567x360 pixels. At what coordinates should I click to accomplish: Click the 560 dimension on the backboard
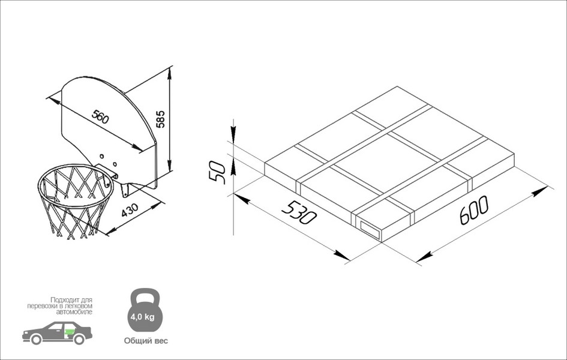tap(100, 116)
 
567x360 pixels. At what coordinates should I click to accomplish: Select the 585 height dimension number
tap(161, 119)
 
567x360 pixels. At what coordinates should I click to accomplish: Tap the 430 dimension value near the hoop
tap(130, 210)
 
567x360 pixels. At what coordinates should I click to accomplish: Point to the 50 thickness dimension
tap(217, 172)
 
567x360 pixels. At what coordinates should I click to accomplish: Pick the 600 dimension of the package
tap(474, 209)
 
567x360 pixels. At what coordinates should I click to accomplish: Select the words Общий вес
tap(146, 340)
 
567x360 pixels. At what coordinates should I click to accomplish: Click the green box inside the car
tap(69, 331)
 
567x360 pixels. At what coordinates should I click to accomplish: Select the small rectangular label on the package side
tap(370, 230)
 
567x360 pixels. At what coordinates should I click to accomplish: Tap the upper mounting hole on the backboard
tap(101, 156)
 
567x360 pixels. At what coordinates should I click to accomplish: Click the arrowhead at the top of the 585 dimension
tap(169, 73)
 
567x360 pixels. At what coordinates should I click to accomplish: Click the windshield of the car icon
tap(52, 327)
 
